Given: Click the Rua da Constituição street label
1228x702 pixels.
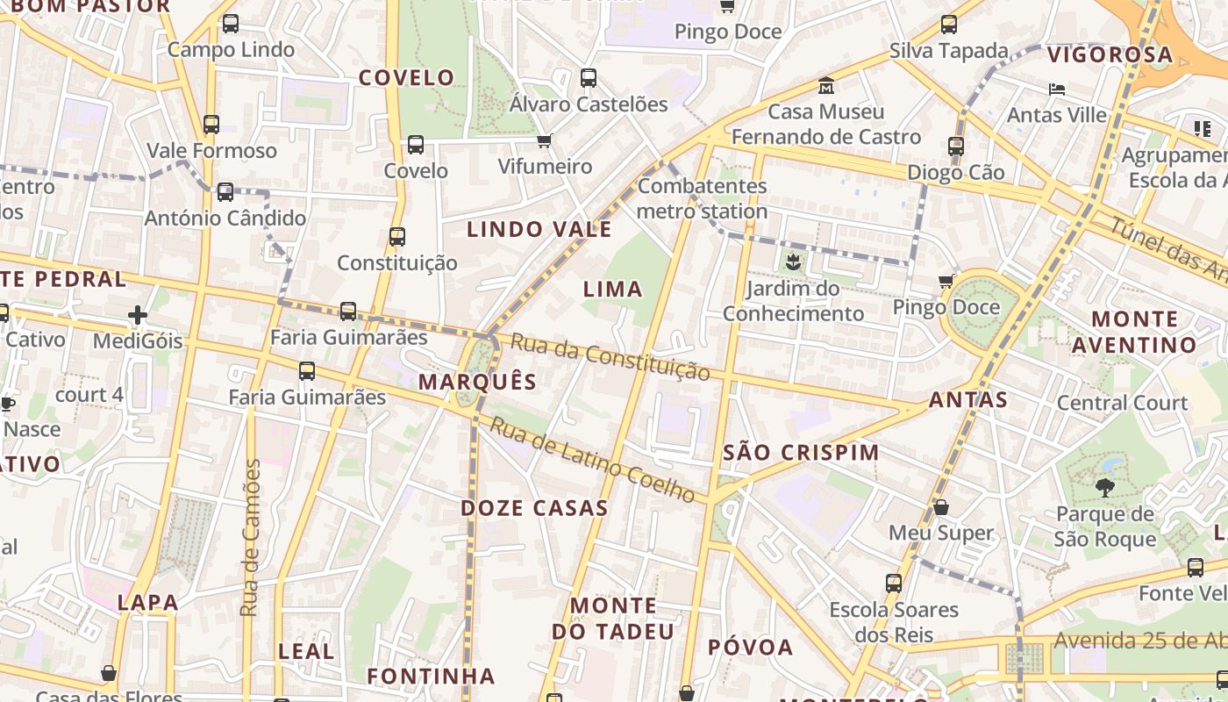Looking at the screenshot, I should coord(610,357).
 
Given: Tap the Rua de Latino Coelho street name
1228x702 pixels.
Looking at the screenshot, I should coord(592,460).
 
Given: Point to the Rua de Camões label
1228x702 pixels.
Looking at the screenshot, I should coord(251,537).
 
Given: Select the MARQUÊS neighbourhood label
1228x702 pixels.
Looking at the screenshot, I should coord(477,382).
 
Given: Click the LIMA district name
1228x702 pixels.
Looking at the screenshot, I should coord(613,289).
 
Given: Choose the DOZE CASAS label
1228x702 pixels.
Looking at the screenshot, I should coord(534,508).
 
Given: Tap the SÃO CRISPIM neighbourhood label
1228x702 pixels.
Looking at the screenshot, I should coord(802,453).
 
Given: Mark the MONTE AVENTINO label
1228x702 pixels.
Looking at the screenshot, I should coord(1134,332).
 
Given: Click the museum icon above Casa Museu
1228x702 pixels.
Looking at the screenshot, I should coord(826,87).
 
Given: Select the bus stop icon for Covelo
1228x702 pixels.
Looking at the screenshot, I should coord(416,145).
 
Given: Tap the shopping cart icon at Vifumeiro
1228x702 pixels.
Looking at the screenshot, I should coord(545,140).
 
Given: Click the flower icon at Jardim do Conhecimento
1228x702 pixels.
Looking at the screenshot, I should coord(793,261).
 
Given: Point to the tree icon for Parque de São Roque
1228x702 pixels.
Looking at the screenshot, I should coord(1104,487).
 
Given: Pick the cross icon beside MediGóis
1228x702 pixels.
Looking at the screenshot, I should coord(138,314).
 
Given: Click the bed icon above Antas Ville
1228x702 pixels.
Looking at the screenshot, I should coord(1057,90).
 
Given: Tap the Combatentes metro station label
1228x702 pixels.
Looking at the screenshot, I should coord(702,198).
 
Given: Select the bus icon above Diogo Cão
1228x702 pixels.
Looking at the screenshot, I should coord(956,147).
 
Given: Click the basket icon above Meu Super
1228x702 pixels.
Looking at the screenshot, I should coord(941,507).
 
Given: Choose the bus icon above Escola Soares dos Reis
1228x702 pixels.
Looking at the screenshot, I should coord(894,584).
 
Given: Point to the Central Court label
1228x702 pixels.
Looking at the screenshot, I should coord(1122,403).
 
